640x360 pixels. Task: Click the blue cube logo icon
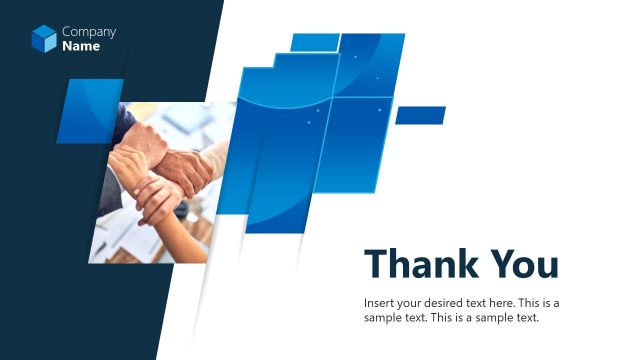(44, 39)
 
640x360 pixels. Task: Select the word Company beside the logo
(89, 32)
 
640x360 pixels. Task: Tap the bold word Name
(81, 46)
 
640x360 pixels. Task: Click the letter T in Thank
(376, 264)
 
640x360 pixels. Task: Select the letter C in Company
(66, 32)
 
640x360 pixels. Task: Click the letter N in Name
(67, 46)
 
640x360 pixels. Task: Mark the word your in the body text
(410, 303)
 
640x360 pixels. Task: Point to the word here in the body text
(509, 303)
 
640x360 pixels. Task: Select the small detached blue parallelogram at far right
(420, 115)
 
